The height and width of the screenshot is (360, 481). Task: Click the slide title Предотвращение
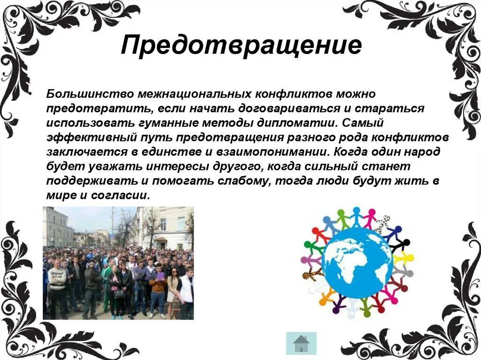[x=241, y=46]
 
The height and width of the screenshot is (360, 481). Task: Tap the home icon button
[x=301, y=343]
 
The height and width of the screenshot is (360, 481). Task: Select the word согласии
[x=124, y=196]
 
